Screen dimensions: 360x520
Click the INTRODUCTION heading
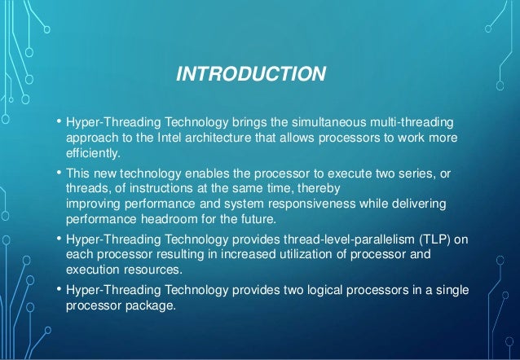pyautogui.click(x=252, y=76)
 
